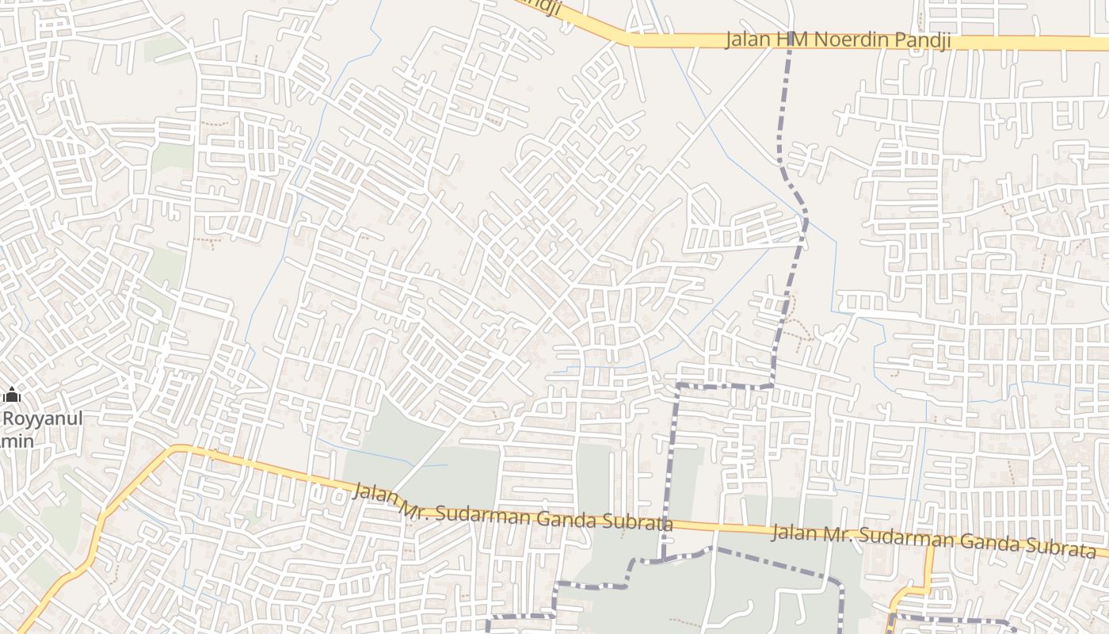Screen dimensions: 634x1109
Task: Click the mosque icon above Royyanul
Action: point(12,395)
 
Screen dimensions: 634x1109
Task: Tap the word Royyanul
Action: point(43,418)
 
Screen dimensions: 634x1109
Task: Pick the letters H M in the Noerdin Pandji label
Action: point(795,40)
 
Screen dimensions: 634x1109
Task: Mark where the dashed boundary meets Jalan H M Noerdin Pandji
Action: point(790,41)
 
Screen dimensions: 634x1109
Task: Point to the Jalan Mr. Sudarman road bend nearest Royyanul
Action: point(176,449)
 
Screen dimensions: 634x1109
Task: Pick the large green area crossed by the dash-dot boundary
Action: point(713,586)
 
